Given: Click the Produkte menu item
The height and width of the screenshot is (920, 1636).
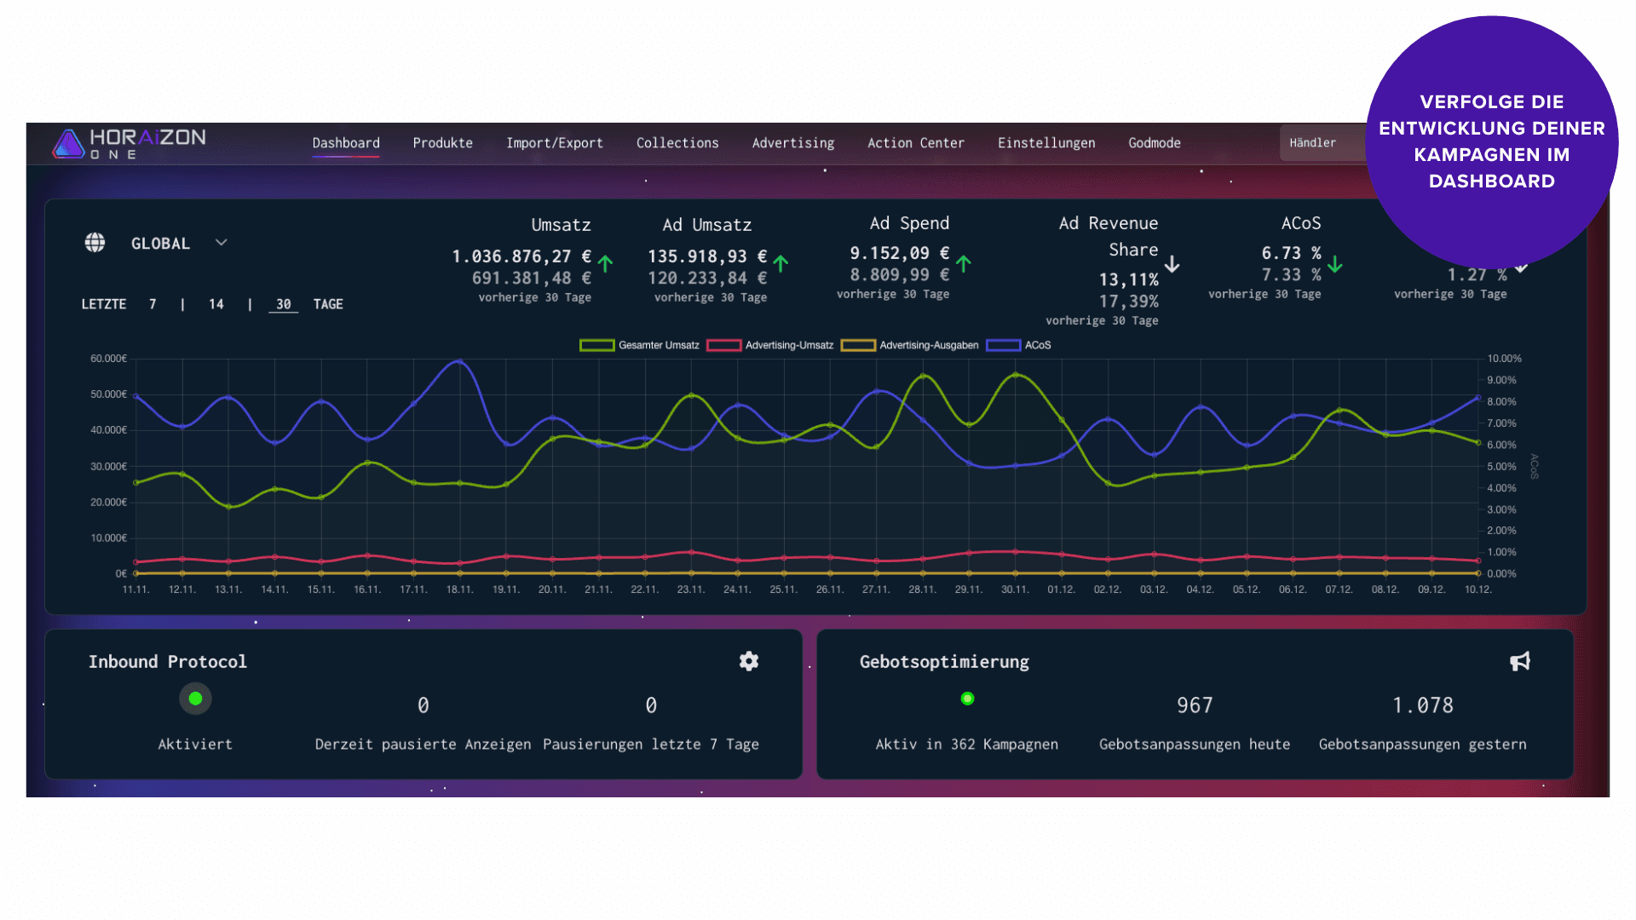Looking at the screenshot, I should pos(442,143).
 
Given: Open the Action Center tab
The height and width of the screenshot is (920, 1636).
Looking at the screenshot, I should pos(915,143).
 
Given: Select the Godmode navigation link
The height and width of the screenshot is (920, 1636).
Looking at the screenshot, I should pos(1154,143).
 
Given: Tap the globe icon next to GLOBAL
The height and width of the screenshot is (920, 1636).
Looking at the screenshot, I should pos(95,243).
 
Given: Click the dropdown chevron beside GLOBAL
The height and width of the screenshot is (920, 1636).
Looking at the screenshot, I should pos(222,243).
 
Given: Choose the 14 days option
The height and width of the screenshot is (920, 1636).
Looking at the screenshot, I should pos(216,304).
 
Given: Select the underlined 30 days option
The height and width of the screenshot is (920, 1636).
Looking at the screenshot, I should pos(283,304).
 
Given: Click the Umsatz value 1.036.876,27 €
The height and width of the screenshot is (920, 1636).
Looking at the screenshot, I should pos(521,256).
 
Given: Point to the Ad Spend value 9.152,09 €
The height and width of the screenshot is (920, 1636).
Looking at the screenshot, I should pos(899,253).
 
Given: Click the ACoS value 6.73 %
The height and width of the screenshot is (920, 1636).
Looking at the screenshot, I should pos(1291,253).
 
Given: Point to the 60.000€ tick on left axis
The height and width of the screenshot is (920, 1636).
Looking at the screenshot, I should pos(108,359).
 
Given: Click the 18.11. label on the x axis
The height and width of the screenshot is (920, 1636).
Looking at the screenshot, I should pos(459,589).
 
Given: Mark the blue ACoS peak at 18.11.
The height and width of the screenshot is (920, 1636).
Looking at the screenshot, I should pos(459,361).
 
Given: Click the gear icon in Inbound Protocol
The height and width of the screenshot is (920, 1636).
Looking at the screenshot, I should pos(748,661).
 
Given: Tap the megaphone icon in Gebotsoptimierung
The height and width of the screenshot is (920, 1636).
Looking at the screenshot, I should pos(1520,661).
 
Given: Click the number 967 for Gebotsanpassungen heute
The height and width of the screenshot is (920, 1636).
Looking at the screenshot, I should pos(1194,705).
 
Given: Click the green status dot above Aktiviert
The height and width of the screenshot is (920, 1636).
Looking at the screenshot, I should pos(195,699).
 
